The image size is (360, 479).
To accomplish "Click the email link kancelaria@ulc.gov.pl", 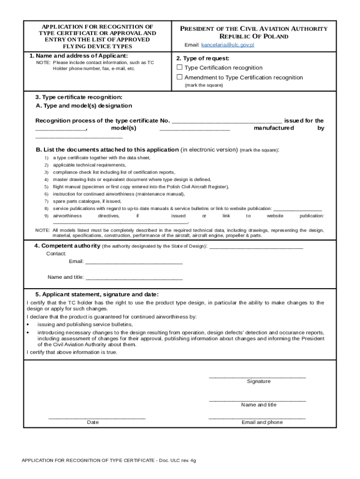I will [x=228, y=45].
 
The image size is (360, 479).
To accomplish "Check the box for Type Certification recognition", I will [x=180, y=67].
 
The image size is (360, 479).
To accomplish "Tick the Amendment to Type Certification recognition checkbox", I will [x=180, y=77].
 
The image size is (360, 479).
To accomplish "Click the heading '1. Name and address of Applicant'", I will [x=78, y=56].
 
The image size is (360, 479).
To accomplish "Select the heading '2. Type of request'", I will [x=202, y=58].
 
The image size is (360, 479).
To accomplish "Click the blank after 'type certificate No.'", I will [x=227, y=121].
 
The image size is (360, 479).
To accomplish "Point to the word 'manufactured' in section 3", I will [x=274, y=128].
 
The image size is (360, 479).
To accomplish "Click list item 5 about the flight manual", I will [x=140, y=186].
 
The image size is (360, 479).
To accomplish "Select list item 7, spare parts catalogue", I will [x=86, y=201].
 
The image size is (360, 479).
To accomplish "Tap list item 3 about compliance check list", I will [x=114, y=172].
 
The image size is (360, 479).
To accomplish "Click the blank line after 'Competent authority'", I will [x=256, y=246].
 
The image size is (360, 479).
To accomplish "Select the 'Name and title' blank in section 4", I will [x=134, y=277].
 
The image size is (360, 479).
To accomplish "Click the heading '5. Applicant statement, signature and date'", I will [x=97, y=294].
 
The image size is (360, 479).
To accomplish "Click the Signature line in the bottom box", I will [x=257, y=376].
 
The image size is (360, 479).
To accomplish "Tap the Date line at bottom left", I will [x=97, y=417].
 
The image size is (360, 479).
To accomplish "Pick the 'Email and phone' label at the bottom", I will [x=262, y=422].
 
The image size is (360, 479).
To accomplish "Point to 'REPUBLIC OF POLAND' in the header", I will [x=254, y=36].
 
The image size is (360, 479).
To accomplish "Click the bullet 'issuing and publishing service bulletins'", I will [x=85, y=324].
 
